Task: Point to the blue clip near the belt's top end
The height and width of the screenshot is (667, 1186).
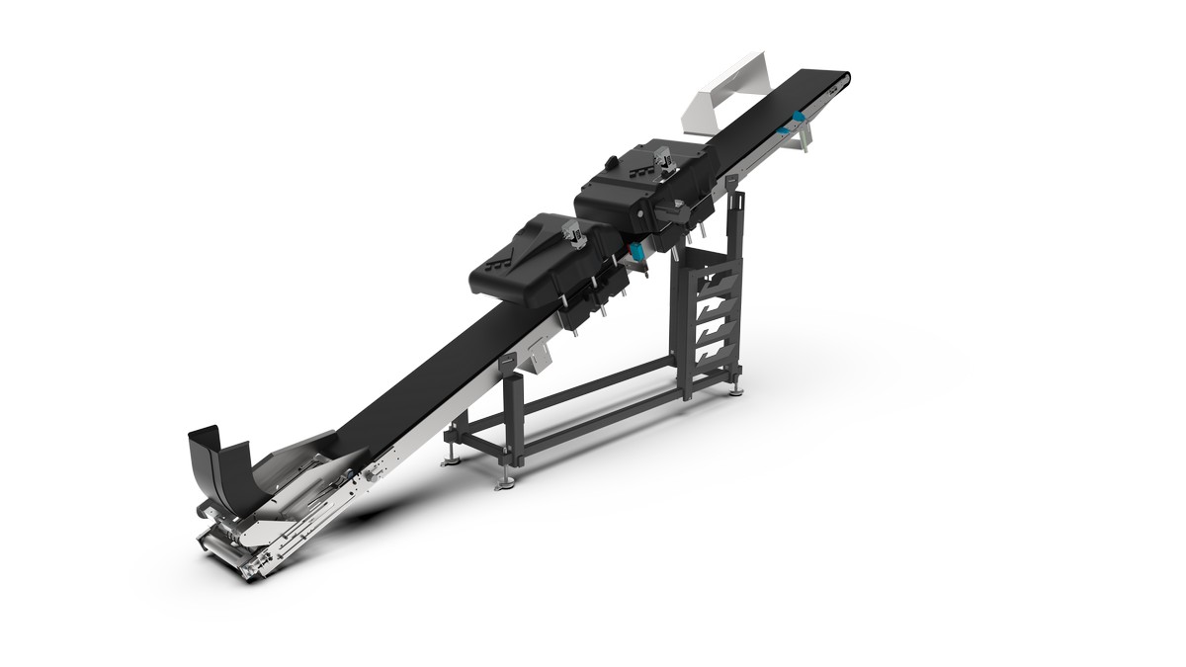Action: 794,125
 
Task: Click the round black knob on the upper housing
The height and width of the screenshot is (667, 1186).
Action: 610,161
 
